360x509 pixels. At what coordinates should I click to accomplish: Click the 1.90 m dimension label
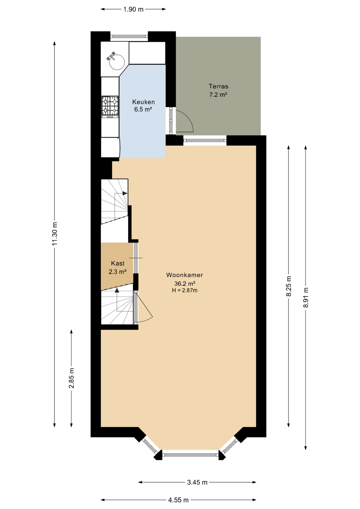133,10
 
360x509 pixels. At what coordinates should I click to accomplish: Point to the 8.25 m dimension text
289,286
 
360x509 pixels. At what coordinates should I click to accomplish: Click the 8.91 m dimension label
306,297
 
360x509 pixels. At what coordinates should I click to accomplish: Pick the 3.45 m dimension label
197,482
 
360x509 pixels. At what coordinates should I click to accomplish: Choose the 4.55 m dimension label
178,500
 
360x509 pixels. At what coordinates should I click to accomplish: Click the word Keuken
143,102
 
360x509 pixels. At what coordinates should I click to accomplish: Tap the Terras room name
218,86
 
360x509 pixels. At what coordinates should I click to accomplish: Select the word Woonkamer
185,275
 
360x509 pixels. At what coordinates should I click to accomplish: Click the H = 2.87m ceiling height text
185,290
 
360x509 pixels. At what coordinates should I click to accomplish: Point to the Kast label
118,263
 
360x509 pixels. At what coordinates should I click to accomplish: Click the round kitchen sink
117,62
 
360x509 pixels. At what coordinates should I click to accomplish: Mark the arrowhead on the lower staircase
117,290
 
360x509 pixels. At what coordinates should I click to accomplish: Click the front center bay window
190,455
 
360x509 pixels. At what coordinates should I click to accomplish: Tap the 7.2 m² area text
218,95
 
